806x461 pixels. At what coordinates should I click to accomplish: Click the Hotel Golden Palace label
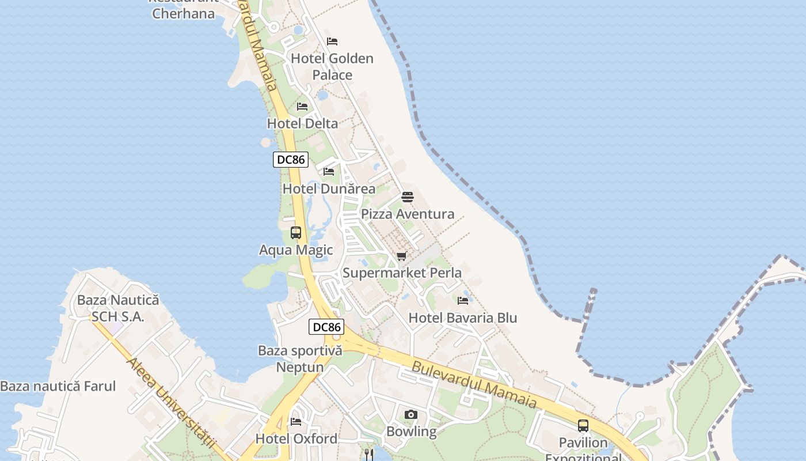[x=332, y=66]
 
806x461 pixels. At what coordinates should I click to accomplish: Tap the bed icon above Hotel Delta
[x=302, y=107]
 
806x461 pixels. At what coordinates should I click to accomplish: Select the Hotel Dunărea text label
[x=329, y=189]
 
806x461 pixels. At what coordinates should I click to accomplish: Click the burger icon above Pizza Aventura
[x=408, y=197]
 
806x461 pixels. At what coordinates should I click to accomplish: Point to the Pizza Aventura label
[x=408, y=214]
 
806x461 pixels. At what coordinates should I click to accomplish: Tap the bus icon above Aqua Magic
[x=296, y=233]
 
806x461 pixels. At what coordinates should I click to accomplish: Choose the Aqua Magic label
[x=296, y=250]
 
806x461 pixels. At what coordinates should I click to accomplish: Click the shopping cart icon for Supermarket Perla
[x=401, y=256]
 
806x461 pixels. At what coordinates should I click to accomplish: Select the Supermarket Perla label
[x=402, y=273]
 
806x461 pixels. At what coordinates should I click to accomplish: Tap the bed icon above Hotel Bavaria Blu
[x=463, y=300]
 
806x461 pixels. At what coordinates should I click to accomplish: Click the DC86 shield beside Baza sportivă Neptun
[x=327, y=327]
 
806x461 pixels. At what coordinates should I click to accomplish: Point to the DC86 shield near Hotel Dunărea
[x=291, y=160]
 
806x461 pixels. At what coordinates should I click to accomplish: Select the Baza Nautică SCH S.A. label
[x=118, y=308]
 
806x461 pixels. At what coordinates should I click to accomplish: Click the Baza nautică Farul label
[x=58, y=387]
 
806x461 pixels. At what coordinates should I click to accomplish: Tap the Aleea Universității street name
[x=170, y=403]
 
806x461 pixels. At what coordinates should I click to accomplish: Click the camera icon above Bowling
[x=411, y=414]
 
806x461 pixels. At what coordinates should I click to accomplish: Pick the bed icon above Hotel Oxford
[x=296, y=422]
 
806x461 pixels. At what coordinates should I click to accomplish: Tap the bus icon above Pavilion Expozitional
[x=583, y=426]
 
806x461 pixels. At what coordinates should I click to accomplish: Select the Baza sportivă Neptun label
[x=300, y=358]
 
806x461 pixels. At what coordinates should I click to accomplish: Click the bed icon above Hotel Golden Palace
[x=332, y=41]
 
